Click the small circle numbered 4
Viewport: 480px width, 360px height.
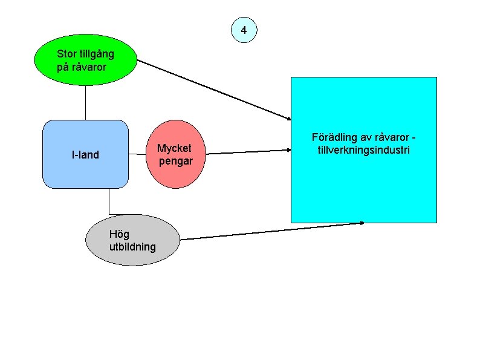[244, 30]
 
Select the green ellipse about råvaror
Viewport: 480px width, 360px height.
[85, 60]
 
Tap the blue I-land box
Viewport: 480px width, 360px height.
[85, 154]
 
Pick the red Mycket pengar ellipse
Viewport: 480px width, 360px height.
[175, 154]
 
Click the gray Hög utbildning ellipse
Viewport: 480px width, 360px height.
[132, 240]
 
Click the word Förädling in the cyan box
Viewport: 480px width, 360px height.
[330, 137]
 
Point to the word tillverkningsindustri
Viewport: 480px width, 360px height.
[364, 150]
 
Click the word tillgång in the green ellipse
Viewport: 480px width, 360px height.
[97, 54]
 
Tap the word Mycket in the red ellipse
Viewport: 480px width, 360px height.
[174, 148]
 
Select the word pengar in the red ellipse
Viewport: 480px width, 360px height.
[176, 162]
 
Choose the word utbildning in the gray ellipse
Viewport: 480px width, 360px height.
[132, 247]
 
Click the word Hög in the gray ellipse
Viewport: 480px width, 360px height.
[119, 234]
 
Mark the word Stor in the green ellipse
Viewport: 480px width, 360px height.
[66, 54]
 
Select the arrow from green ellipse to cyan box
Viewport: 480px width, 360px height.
[214, 90]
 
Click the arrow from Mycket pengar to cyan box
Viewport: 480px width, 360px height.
[248, 152]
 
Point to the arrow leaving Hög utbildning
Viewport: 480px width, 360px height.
[272, 231]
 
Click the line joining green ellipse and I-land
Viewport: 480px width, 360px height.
[85, 103]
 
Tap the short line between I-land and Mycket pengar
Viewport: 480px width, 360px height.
[137, 154]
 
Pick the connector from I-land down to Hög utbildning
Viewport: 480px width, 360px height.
[109, 201]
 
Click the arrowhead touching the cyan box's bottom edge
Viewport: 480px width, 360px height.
[362, 223]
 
